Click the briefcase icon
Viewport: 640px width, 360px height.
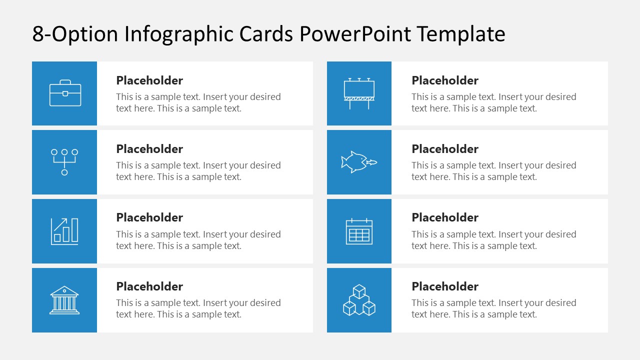point(65,93)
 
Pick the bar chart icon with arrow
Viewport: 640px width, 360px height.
point(64,231)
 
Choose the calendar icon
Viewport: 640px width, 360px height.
point(359,231)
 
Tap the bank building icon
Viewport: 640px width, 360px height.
point(64,300)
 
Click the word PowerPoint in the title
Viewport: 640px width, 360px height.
point(356,34)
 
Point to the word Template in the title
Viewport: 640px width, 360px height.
point(461,34)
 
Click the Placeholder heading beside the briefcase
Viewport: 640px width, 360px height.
point(149,80)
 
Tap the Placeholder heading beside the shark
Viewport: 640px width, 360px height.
point(445,149)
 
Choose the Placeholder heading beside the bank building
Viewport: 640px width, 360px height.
point(149,286)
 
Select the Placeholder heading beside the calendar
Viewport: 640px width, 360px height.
point(445,217)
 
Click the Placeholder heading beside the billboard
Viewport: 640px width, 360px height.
point(445,80)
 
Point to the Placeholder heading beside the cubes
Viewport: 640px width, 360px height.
point(445,286)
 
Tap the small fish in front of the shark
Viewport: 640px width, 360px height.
point(371,162)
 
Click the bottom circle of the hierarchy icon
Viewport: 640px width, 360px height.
point(64,172)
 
